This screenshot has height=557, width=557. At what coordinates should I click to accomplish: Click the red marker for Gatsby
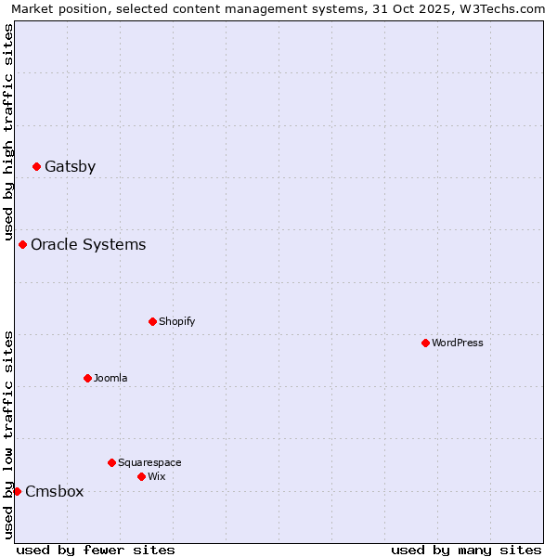pyautogui.click(x=36, y=167)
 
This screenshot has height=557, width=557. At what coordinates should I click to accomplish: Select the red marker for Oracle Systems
pyautogui.click(x=22, y=245)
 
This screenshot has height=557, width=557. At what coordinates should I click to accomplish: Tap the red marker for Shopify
pyautogui.click(x=152, y=322)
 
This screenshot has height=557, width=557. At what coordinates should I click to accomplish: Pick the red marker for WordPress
pyautogui.click(x=425, y=343)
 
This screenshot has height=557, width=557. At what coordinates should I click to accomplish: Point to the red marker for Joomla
pyautogui.click(x=87, y=379)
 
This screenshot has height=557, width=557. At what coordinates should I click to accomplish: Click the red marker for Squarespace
pyautogui.click(x=111, y=462)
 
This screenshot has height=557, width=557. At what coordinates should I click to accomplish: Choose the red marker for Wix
pyautogui.click(x=141, y=477)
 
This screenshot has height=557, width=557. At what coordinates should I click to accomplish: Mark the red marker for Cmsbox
pyautogui.click(x=17, y=491)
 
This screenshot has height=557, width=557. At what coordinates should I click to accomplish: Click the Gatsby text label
pyautogui.click(x=70, y=167)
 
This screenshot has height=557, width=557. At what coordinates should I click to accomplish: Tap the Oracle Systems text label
pyautogui.click(x=88, y=245)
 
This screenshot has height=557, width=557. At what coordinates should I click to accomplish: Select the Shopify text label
pyautogui.click(x=176, y=322)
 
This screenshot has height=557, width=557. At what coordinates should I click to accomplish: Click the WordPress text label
pyautogui.click(x=457, y=343)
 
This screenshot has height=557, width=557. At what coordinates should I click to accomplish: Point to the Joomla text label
pyautogui.click(x=110, y=379)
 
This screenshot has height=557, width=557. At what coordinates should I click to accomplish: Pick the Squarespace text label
pyautogui.click(x=149, y=462)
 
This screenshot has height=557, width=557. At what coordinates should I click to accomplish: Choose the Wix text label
pyautogui.click(x=156, y=477)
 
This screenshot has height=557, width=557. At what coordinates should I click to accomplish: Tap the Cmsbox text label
pyautogui.click(x=54, y=492)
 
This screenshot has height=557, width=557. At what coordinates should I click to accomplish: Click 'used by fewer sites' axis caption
pyautogui.click(x=96, y=550)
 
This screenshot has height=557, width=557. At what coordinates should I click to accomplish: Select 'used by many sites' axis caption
pyautogui.click(x=466, y=550)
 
